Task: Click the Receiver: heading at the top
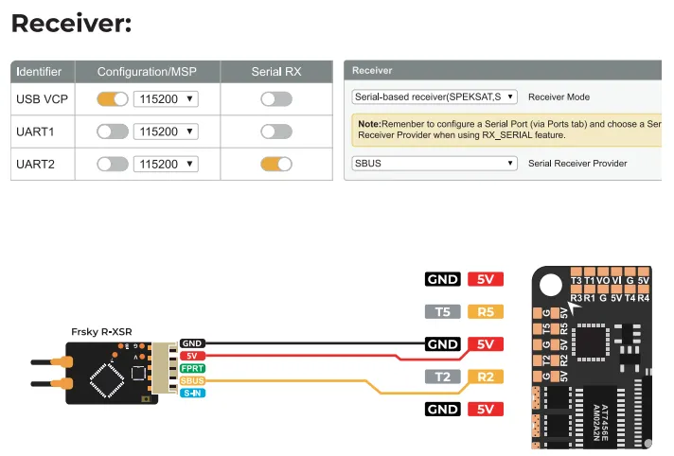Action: (71, 24)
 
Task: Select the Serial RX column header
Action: (275, 72)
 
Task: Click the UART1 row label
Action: (35, 132)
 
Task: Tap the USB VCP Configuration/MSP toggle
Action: (113, 98)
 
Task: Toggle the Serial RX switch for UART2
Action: (275, 164)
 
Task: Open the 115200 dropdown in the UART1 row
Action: (165, 132)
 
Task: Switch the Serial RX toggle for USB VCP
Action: (275, 98)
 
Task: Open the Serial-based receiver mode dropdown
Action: (435, 96)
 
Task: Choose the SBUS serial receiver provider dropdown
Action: (435, 163)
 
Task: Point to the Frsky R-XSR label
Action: (102, 332)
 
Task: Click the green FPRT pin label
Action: (192, 368)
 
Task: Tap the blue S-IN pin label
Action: (192, 392)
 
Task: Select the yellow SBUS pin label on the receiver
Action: (192, 380)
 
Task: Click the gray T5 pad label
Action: (442, 311)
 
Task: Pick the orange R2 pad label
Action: (486, 377)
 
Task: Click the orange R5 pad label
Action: (486, 311)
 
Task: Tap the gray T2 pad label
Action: (442, 377)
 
